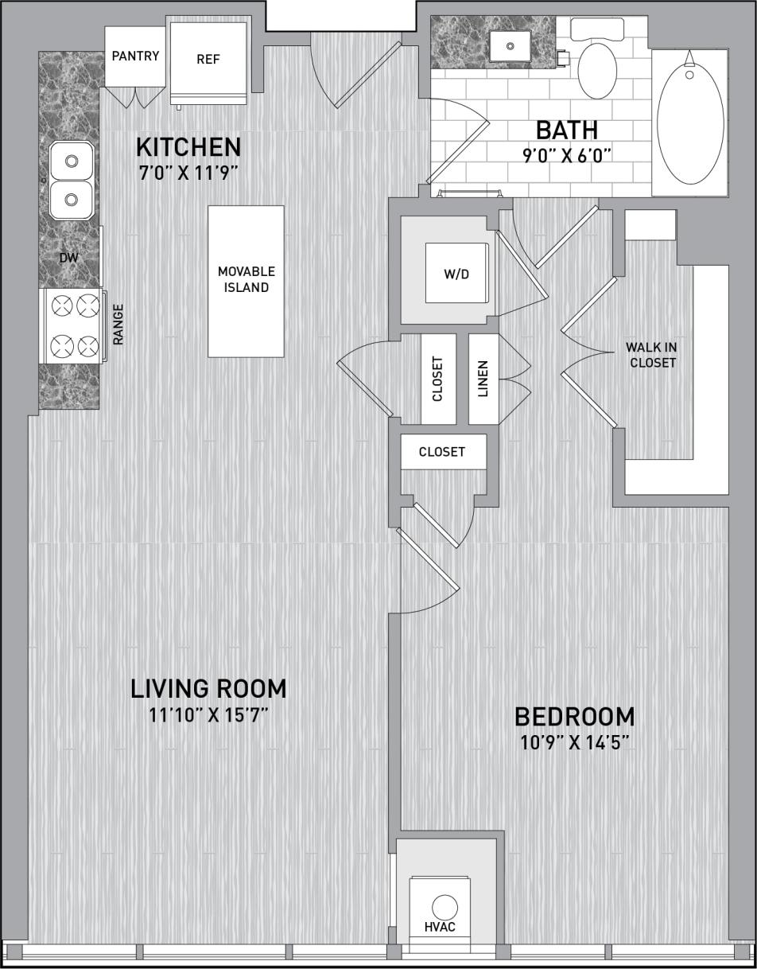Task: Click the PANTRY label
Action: (135, 56)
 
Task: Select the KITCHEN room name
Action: (188, 147)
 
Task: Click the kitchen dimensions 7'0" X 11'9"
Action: (188, 173)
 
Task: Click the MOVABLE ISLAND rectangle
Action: (247, 280)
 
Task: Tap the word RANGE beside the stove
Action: (118, 324)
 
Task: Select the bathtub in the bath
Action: (689, 123)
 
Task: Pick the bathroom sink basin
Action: (510, 46)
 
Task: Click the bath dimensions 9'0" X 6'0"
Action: (566, 155)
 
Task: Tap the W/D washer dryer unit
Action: (456, 274)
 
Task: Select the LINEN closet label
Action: (483, 379)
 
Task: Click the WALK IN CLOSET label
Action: (652, 355)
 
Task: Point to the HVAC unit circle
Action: (444, 907)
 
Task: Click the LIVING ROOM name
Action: (208, 688)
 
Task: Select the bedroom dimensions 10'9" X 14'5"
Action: (574, 743)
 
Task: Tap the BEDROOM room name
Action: (574, 717)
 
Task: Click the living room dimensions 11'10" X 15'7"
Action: (208, 714)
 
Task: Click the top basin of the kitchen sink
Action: (72, 161)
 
